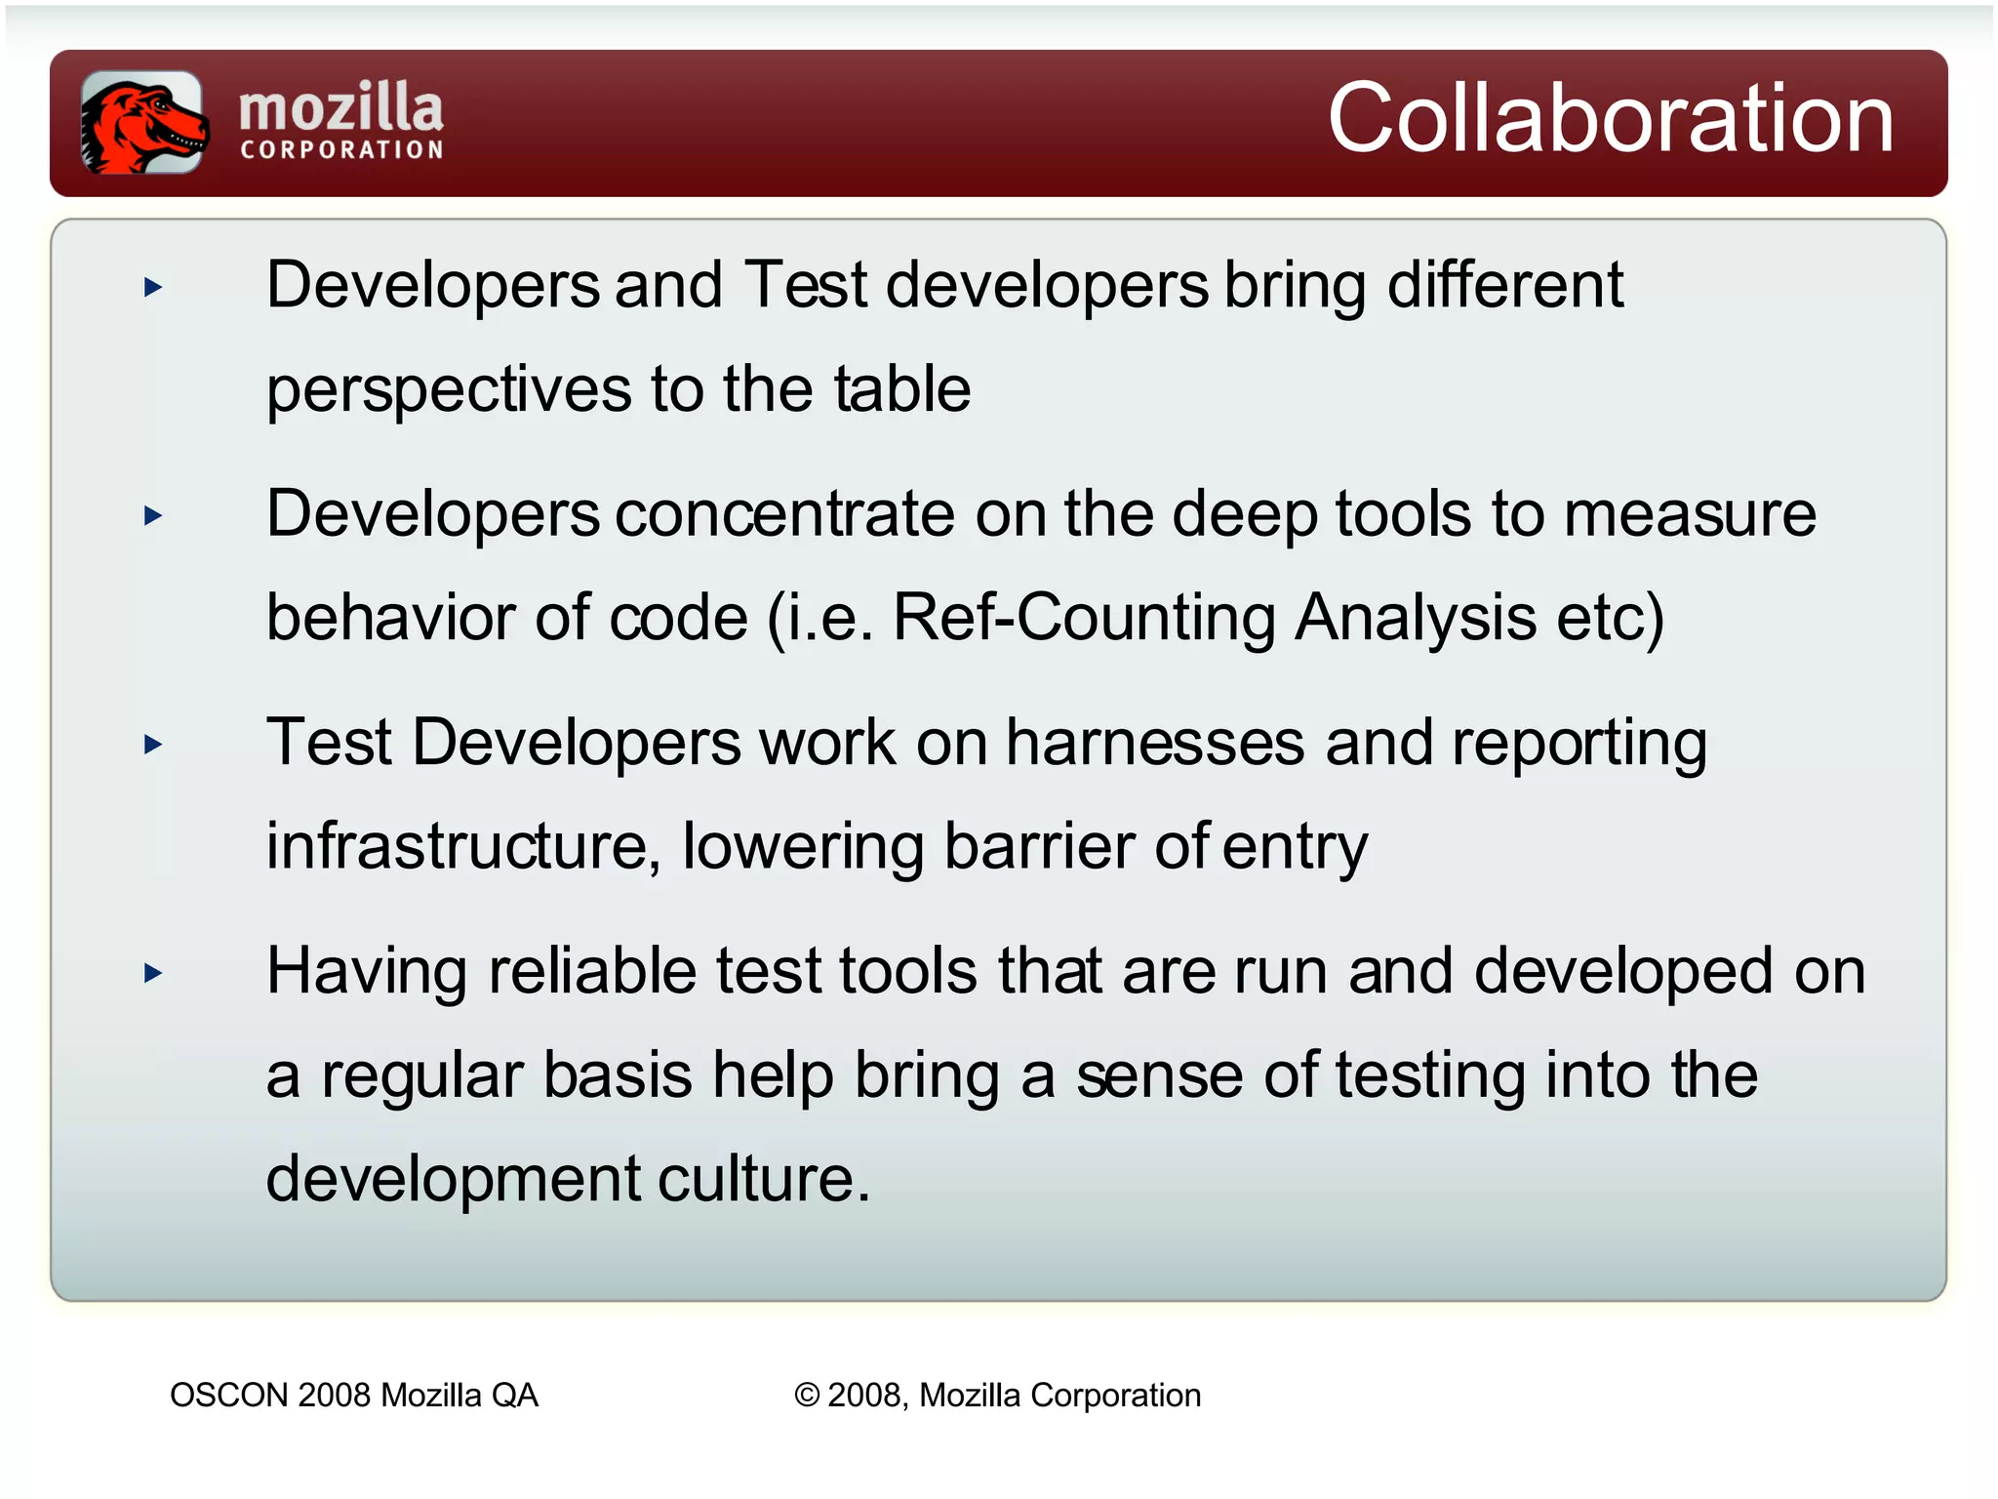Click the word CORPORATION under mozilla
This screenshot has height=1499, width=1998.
click(x=341, y=150)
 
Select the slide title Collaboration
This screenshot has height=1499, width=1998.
click(x=1610, y=119)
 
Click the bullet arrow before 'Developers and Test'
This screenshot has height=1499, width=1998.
click(x=153, y=287)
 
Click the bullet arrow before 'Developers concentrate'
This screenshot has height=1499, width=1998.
click(x=153, y=515)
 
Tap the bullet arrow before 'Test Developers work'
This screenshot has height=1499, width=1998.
click(x=153, y=745)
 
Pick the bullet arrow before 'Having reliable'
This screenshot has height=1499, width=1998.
click(x=153, y=973)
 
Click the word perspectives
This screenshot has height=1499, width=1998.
click(x=449, y=390)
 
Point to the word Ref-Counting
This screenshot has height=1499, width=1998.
click(x=1083, y=618)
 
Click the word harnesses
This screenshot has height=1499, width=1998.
click(x=1154, y=744)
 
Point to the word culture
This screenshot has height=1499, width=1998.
click(x=763, y=1179)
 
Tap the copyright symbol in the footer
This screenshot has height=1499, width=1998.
click(x=807, y=1396)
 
